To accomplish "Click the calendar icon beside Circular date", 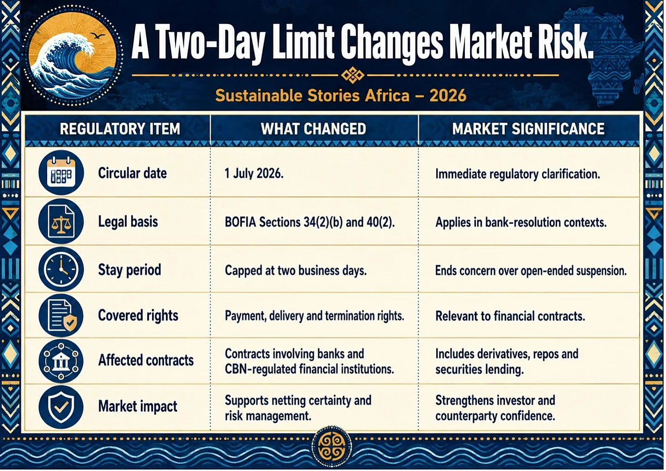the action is click(x=61, y=173).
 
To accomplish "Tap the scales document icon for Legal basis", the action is click(x=61, y=222).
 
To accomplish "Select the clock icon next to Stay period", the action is click(x=61, y=269).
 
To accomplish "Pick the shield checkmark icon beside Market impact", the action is click(x=61, y=407).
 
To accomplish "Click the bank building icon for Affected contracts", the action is click(x=61, y=361).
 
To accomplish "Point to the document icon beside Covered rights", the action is click(x=61, y=315).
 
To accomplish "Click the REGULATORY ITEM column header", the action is click(x=120, y=129).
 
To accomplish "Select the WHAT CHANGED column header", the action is click(x=313, y=129).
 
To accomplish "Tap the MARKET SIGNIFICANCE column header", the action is click(x=528, y=129).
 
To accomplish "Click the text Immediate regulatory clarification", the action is click(x=518, y=174).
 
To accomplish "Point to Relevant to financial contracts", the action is click(x=510, y=316).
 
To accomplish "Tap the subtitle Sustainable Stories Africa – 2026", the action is click(x=341, y=96).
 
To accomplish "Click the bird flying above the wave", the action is click(x=98, y=36).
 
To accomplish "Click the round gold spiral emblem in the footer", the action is click(x=332, y=447).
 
